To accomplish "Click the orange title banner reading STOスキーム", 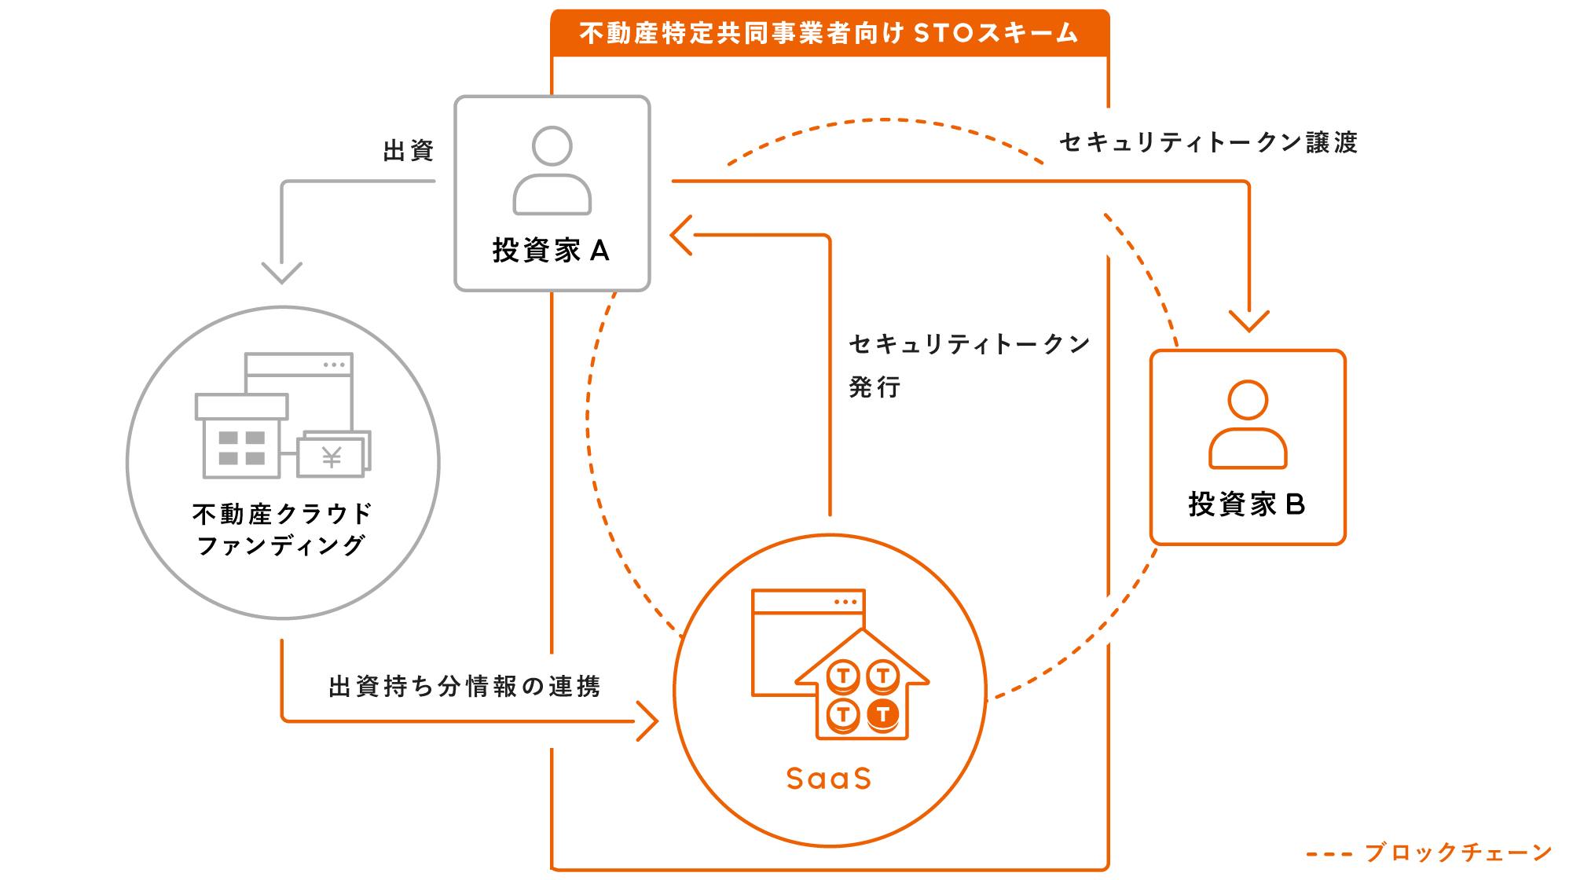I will [x=830, y=33].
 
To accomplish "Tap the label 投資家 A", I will [x=551, y=251].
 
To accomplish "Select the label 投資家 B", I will [x=1247, y=504].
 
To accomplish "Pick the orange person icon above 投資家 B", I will [x=1248, y=424].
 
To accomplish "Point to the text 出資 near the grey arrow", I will [x=409, y=151].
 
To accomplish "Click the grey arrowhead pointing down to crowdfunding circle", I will [x=281, y=273].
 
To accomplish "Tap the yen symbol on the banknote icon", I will [x=332, y=456].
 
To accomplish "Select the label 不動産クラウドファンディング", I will [x=281, y=529].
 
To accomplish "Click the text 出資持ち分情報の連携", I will [x=464, y=686].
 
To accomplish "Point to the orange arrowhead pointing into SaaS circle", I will [x=647, y=720].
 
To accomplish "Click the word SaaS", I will [x=829, y=779].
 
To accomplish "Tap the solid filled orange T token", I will [x=883, y=714].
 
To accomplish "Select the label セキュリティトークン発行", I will [x=969, y=365].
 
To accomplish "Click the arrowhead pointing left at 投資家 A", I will [x=680, y=235].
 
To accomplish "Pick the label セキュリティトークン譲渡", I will [x=1208, y=142].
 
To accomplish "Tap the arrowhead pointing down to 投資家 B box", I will [x=1248, y=321].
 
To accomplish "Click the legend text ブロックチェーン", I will [x=1458, y=852].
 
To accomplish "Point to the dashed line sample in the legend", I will [x=1329, y=854].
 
